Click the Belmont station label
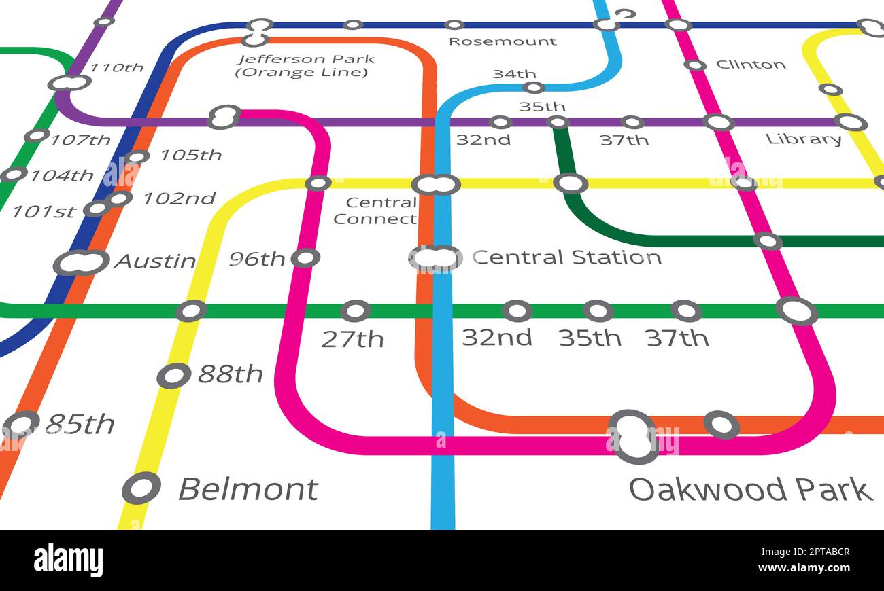248,489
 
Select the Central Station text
566,257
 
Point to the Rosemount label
503,41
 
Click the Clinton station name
751,65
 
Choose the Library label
803,139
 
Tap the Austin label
154,261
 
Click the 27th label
352,339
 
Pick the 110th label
116,68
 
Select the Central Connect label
375,211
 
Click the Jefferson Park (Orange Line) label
305,65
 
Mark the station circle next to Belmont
141,488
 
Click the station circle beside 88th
173,376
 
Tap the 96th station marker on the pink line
305,258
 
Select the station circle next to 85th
21,425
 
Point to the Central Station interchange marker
435,258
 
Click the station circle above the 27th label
355,311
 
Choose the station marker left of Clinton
694,65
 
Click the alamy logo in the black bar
69,561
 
